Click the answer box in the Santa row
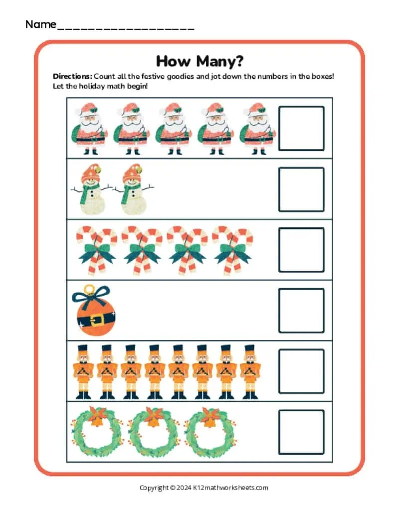click(x=301, y=128)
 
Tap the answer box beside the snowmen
click(x=301, y=189)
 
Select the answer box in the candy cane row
click(x=301, y=250)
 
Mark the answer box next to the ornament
click(x=301, y=311)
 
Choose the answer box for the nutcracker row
click(x=301, y=371)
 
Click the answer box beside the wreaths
click(x=301, y=432)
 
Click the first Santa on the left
click(x=90, y=128)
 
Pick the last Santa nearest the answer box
click(x=257, y=128)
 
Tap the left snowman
click(x=90, y=189)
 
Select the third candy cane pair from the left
click(x=187, y=250)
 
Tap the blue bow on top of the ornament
click(x=90, y=296)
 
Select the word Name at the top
click(x=40, y=24)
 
